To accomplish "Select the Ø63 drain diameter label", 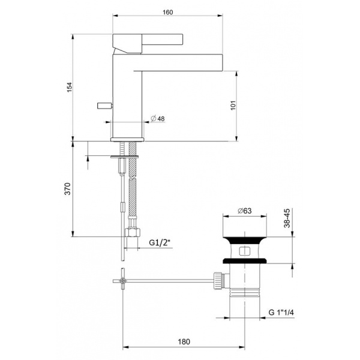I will (244, 210).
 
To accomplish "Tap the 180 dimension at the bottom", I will (184, 341).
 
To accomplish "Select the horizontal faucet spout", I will (180, 61).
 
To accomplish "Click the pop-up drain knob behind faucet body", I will (104, 106).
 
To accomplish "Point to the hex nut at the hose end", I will (131, 233).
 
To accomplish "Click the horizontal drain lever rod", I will (168, 279).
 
